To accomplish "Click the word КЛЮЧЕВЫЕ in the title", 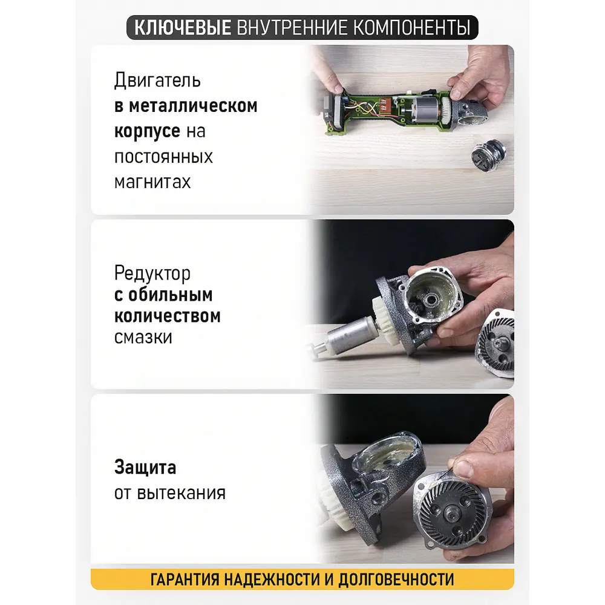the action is point(183,28).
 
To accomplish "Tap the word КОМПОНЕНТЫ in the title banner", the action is point(411,28).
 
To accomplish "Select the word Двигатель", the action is point(157,80).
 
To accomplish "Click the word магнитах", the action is point(152,181).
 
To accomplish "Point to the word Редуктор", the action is point(152,273).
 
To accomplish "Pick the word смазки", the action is point(143,338).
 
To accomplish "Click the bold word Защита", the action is point(145,467).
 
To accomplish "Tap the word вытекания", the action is point(181,493).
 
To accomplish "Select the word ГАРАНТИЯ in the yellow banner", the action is point(185,580).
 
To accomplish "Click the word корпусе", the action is point(147,131).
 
